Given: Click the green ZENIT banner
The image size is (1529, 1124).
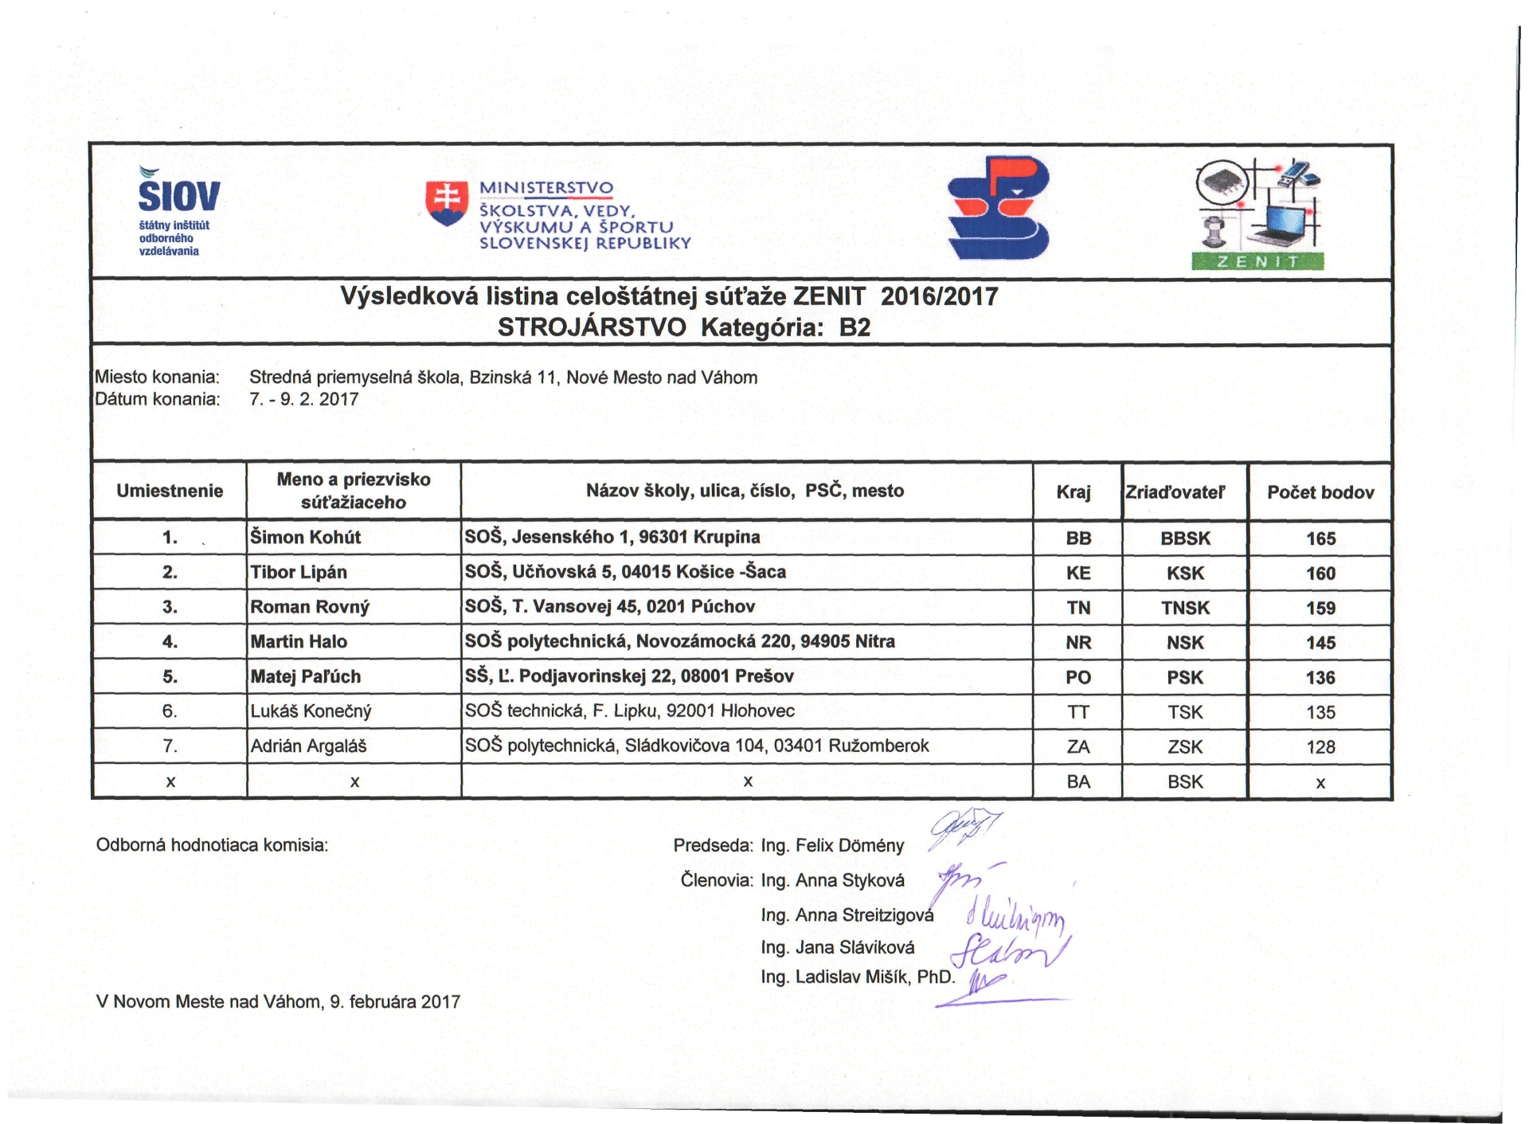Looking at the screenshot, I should pyautogui.click(x=1257, y=262).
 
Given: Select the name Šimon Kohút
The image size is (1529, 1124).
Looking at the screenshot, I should pyautogui.click(x=306, y=538).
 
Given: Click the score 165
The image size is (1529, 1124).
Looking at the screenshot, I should pyautogui.click(x=1320, y=539).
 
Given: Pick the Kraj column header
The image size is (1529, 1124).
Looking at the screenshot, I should pyautogui.click(x=1073, y=492).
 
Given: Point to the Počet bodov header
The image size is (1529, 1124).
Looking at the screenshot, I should pyautogui.click(x=1320, y=492).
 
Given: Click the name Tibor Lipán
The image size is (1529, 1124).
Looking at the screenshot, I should pyautogui.click(x=299, y=573).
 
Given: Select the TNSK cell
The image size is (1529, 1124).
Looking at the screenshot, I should pyautogui.click(x=1185, y=609).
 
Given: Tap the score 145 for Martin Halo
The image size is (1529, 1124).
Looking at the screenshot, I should pyautogui.click(x=1320, y=643).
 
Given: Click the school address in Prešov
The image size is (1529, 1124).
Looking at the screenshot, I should pyautogui.click(x=629, y=677).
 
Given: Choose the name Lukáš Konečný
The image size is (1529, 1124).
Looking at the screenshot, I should pyautogui.click(x=311, y=711).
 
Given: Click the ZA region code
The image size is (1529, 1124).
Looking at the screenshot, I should pyautogui.click(x=1078, y=747).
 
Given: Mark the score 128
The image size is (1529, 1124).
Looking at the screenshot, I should pyautogui.click(x=1320, y=747).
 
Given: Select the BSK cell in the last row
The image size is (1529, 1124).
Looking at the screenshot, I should pyautogui.click(x=1185, y=782).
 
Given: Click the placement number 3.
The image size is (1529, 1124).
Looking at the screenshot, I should pyautogui.click(x=170, y=607).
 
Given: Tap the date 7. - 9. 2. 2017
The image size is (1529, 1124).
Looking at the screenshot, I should pyautogui.click(x=304, y=399).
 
